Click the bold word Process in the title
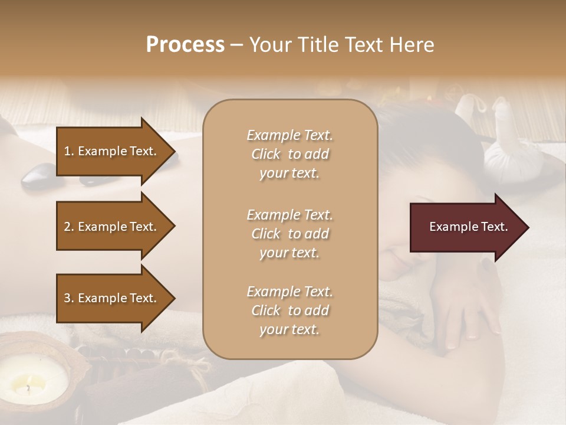[x=185, y=45]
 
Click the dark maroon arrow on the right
[x=466, y=227]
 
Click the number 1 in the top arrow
[x=67, y=151]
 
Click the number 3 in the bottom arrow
[x=67, y=298]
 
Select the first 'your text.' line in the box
[x=289, y=174]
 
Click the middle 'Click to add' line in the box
[x=289, y=234]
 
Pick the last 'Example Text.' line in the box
[x=289, y=292]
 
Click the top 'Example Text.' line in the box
[x=289, y=135]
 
